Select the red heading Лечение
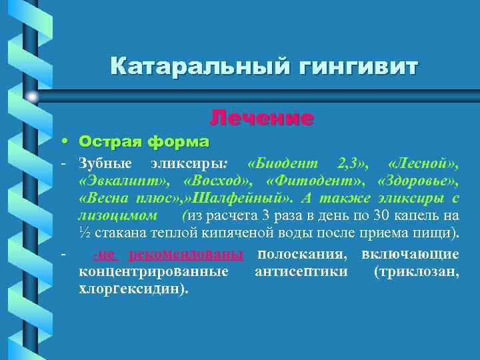click(x=261, y=118)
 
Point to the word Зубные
click(x=101, y=163)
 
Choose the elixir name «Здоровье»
click(x=417, y=181)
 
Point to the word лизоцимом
click(x=119, y=215)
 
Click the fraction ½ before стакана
click(x=84, y=233)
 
